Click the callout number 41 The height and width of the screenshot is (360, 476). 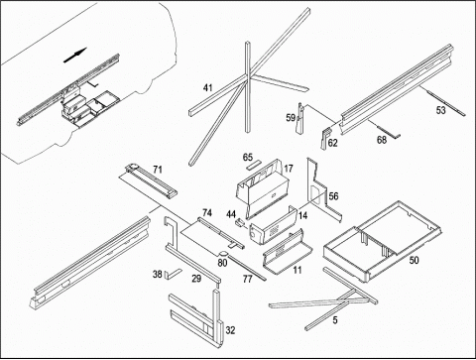[207, 88]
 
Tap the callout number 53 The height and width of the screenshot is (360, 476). [441, 110]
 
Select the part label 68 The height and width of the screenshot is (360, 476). [382, 140]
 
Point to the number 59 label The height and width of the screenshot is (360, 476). [291, 118]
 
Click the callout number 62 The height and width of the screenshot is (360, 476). [332, 143]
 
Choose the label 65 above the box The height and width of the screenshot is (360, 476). [248, 158]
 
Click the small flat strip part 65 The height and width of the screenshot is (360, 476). [253, 165]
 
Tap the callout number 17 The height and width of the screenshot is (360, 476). [289, 169]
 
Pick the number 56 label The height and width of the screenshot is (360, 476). [333, 196]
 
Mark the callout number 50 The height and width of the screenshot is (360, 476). [414, 260]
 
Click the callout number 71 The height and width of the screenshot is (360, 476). [158, 170]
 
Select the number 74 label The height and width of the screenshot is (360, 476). [207, 212]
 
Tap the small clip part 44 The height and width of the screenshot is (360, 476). [239, 222]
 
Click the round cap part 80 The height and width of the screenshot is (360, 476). [223, 254]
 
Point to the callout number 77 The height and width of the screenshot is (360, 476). [248, 280]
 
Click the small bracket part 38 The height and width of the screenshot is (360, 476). [173, 274]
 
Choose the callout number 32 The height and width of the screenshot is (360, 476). [230, 330]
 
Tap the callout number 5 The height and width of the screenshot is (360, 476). [335, 320]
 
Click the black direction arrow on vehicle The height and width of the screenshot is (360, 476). [74, 55]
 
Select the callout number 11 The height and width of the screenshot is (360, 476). [297, 270]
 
